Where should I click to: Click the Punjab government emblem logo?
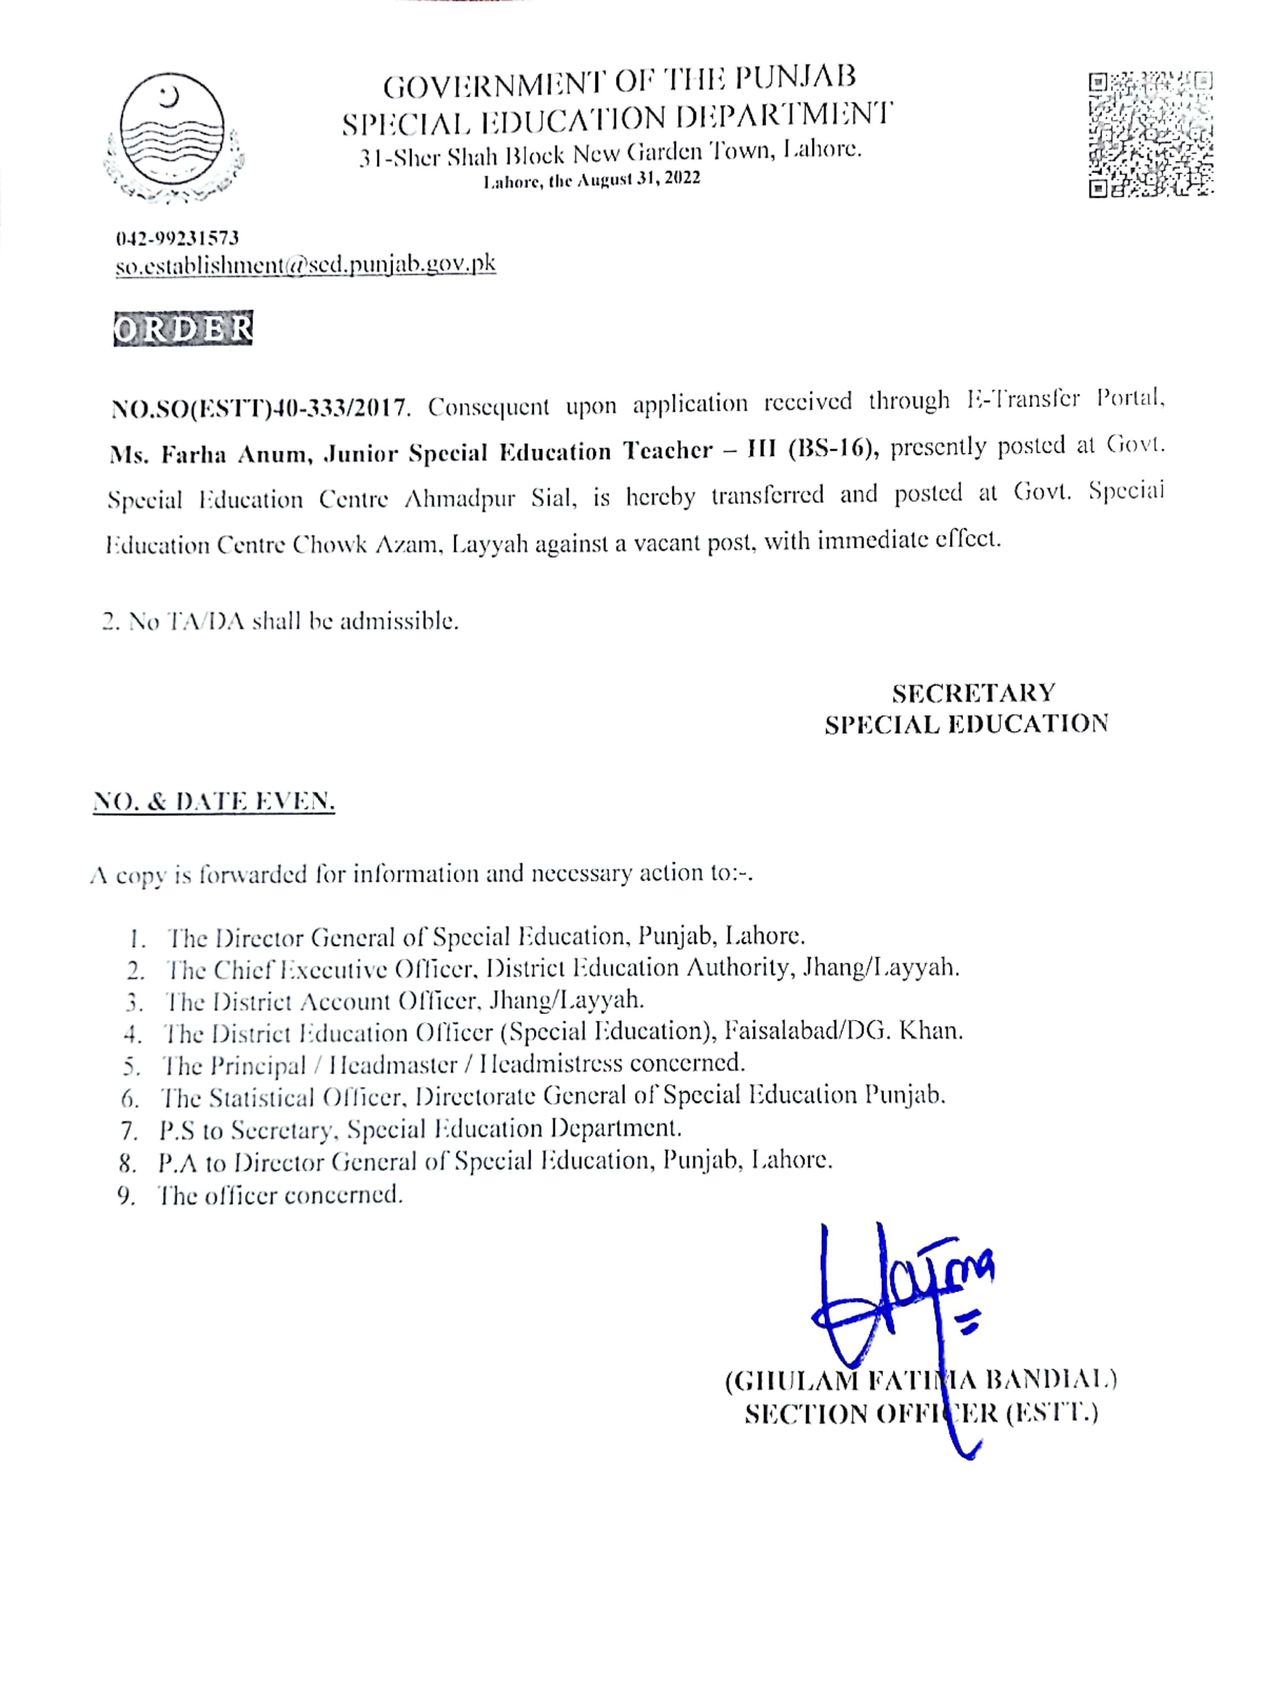tap(173, 137)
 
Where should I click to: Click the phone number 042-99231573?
tap(177, 238)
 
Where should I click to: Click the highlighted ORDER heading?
tap(183, 328)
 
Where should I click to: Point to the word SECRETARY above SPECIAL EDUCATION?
tap(974, 693)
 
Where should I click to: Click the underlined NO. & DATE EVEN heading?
tap(214, 802)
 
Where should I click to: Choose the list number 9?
tap(127, 1196)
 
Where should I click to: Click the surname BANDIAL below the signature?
tap(1052, 1379)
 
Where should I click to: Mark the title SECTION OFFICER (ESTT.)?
tap(921, 1414)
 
